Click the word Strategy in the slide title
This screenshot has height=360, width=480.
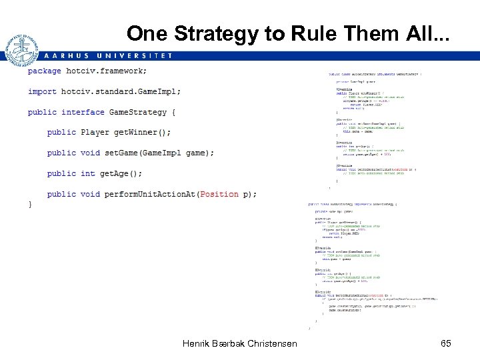tap(213, 33)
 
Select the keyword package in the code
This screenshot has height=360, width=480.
tap(45, 71)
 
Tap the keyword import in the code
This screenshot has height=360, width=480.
tap(42, 91)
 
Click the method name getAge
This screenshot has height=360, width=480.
tap(117, 173)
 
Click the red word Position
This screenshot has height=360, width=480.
tap(219, 194)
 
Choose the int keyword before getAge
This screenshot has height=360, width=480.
tap(88, 173)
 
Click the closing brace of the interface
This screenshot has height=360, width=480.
tap(30, 205)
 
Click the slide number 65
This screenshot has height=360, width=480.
tap(446, 343)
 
